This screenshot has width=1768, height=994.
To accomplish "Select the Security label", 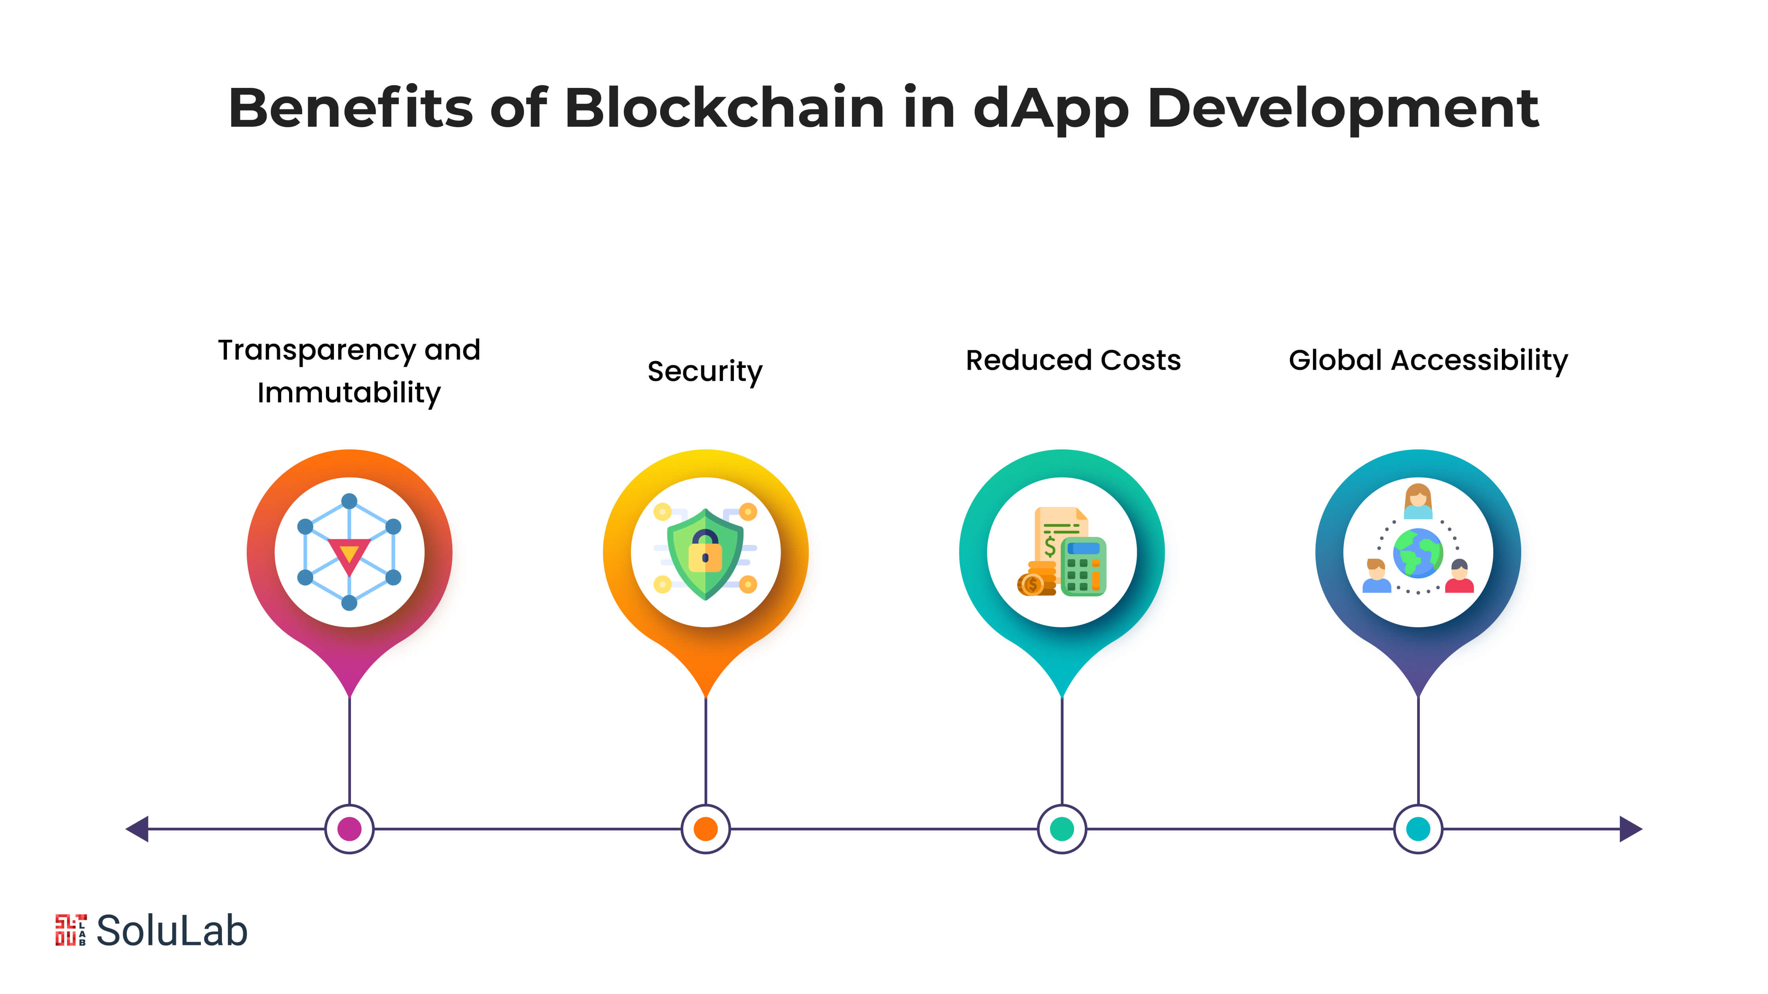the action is tap(705, 371).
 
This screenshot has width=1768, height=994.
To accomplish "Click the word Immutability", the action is tap(349, 393).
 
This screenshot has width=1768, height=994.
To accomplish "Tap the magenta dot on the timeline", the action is tap(349, 828).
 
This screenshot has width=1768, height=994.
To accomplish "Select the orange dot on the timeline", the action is tap(705, 828).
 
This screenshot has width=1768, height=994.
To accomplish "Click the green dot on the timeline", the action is tap(1062, 828).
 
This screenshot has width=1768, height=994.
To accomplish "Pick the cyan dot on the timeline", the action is tap(1418, 828).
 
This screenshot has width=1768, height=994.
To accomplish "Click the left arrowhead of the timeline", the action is tap(137, 828).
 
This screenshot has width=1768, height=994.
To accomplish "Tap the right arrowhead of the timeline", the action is tap(1631, 828).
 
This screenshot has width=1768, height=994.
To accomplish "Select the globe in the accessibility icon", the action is tap(1418, 552).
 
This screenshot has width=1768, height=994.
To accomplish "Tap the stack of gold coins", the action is tap(1037, 579).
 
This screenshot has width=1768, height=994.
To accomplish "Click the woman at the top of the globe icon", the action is tap(1418, 501).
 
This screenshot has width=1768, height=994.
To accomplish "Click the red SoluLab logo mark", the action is tap(70, 930).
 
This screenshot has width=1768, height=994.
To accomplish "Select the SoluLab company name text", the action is tap(171, 931).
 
